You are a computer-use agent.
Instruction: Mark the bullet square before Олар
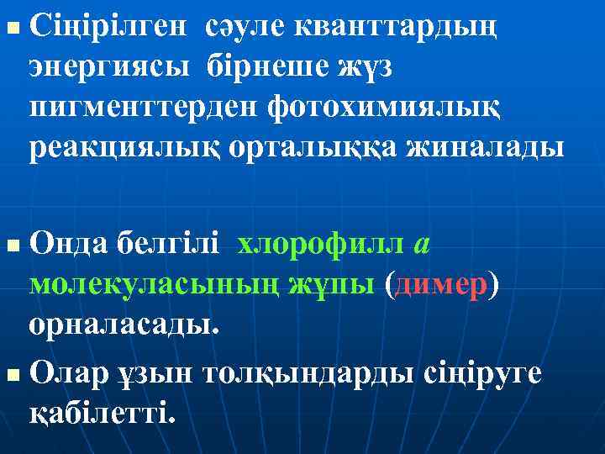click(x=10, y=372)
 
